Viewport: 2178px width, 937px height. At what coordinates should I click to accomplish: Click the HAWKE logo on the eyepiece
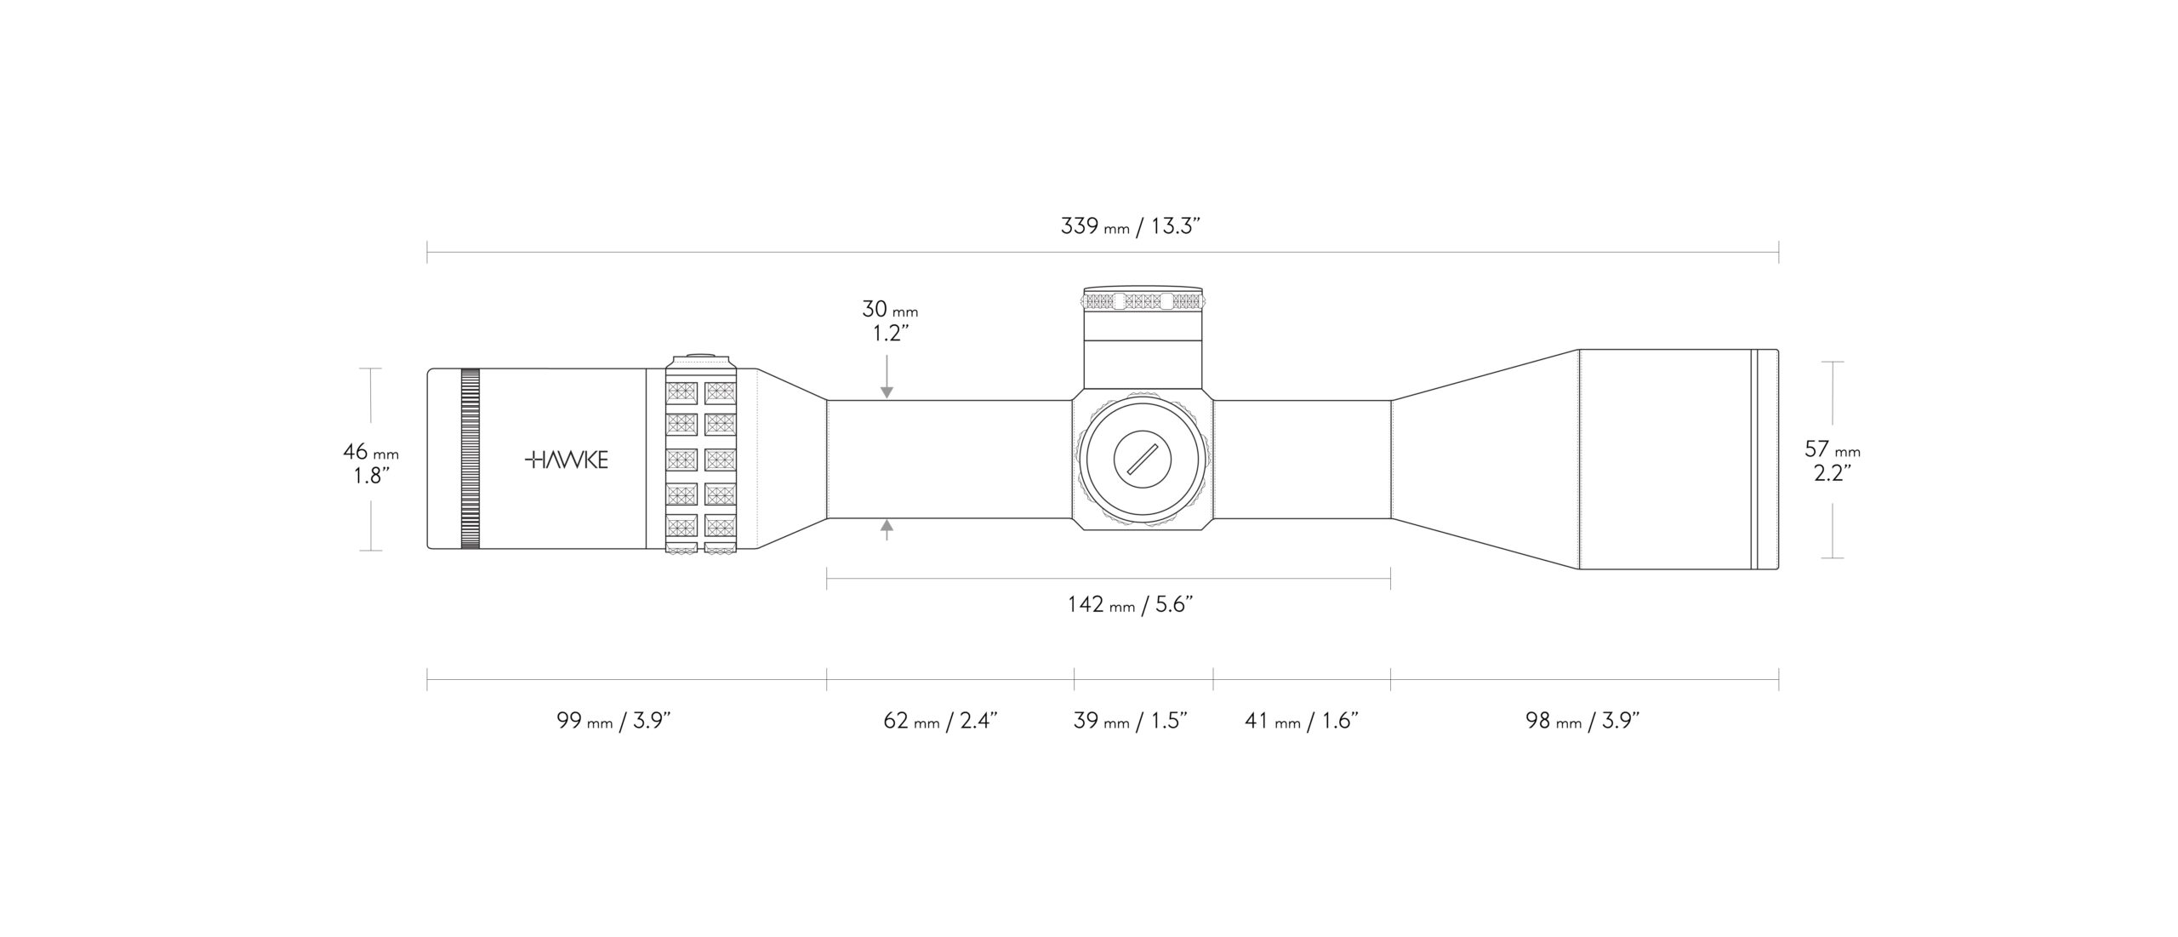[566, 460]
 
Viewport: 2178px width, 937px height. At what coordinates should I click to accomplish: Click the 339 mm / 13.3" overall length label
[1130, 226]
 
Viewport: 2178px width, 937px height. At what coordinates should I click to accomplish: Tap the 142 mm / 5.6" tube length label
[1130, 604]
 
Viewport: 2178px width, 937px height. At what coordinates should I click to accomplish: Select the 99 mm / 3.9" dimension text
[614, 721]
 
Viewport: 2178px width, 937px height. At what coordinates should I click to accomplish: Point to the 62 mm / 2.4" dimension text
[940, 721]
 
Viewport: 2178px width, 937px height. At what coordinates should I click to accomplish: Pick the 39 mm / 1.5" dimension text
[1130, 721]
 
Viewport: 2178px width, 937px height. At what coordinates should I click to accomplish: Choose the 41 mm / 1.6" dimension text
[1302, 721]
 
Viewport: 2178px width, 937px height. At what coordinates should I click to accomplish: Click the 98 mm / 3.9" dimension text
[1582, 721]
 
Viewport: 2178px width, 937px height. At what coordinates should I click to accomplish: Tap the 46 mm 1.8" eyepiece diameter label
[371, 463]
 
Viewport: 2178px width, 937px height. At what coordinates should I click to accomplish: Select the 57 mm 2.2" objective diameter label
[1833, 460]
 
